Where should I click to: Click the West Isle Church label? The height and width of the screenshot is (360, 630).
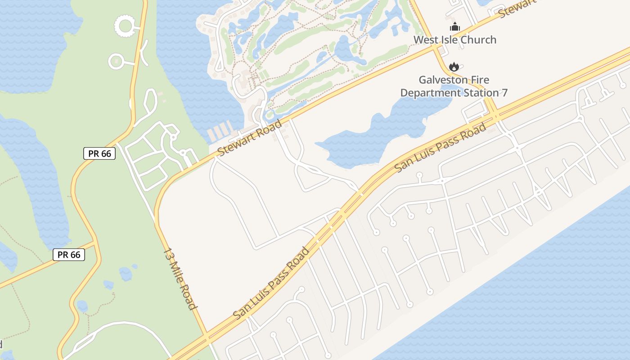454,40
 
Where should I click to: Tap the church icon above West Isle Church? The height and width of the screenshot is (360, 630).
454,27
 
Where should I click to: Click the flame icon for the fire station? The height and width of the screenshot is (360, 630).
454,67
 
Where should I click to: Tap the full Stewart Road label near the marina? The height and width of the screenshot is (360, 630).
249,137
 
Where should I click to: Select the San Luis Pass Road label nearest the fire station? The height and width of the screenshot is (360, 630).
441,147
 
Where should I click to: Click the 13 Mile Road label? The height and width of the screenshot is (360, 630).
180,279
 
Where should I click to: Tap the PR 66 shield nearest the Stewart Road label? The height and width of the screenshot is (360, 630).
99,153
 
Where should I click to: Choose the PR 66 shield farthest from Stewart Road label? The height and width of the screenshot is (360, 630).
69,255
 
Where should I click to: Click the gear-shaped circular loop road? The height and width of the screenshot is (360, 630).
124,25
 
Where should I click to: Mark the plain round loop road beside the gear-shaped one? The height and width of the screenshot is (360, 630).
116,61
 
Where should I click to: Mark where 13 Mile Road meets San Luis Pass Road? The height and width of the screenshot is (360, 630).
207,336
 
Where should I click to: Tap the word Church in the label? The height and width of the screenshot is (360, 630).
479,40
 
